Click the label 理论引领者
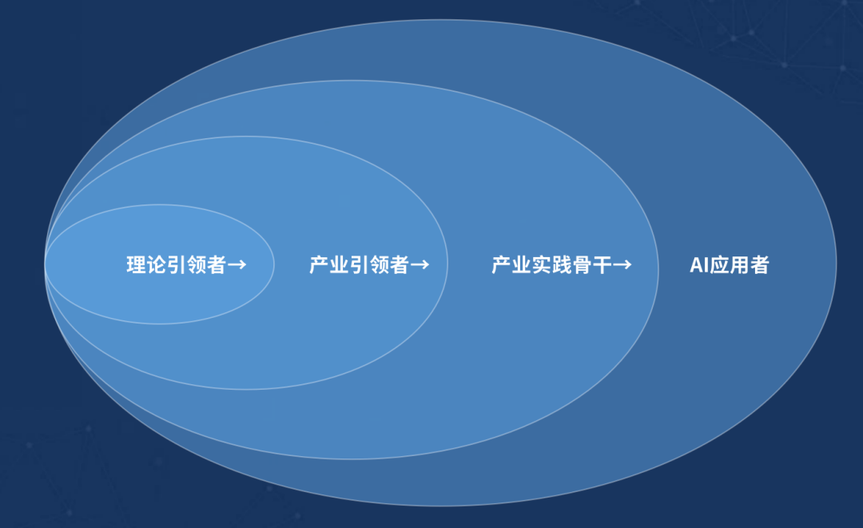(x=176, y=264)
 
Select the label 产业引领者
(x=359, y=264)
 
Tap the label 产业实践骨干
(x=551, y=264)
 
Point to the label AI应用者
(x=730, y=264)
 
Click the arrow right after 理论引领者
(x=237, y=265)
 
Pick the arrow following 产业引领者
(x=420, y=265)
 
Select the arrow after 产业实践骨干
(x=622, y=265)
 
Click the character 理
(x=137, y=264)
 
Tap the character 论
(x=157, y=264)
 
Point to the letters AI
(x=699, y=265)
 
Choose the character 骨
(x=582, y=264)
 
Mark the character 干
(x=602, y=264)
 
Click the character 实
(x=542, y=264)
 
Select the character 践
(x=562, y=264)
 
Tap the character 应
(x=719, y=264)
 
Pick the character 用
(x=739, y=264)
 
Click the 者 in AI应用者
(x=760, y=264)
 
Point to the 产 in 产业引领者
(x=319, y=264)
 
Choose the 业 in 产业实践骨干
(x=522, y=264)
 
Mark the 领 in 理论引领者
(x=197, y=264)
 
